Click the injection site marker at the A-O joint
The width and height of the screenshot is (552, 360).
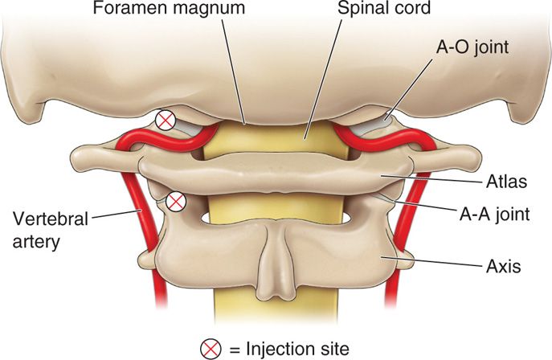(x=166, y=121)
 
